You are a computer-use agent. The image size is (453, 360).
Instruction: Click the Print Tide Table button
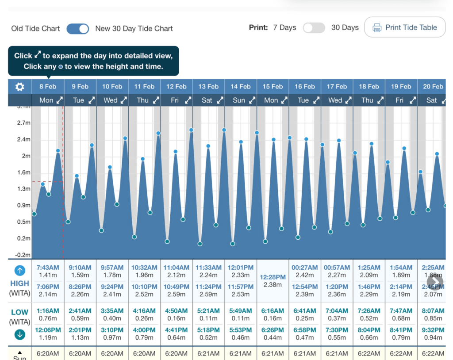(x=405, y=27)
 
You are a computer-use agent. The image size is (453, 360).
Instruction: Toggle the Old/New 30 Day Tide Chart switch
(x=78, y=29)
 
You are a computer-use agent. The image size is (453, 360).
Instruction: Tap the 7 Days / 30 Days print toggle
(x=314, y=28)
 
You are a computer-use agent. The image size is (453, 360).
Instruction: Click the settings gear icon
(x=20, y=87)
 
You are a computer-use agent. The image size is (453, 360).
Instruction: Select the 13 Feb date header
(x=208, y=86)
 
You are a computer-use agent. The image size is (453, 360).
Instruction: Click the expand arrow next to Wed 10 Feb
(x=123, y=100)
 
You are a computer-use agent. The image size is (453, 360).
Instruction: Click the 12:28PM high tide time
(x=273, y=277)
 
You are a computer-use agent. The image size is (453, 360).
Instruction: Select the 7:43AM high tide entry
(x=48, y=268)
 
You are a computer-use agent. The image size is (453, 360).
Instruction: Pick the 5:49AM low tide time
(x=240, y=311)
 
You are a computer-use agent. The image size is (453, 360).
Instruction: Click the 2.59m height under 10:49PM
(x=176, y=294)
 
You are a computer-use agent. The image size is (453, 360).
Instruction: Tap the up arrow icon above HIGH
(x=20, y=271)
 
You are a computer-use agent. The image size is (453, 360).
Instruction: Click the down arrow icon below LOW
(x=20, y=335)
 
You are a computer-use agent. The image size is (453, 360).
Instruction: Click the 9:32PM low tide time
(x=433, y=330)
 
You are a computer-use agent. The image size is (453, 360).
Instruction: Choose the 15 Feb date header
(x=273, y=86)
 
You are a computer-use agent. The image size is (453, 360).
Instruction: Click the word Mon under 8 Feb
(x=46, y=100)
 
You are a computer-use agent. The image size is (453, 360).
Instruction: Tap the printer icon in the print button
(x=377, y=28)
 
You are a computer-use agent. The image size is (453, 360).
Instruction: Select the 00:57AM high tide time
(x=337, y=268)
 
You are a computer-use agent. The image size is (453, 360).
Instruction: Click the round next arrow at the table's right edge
(x=435, y=281)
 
